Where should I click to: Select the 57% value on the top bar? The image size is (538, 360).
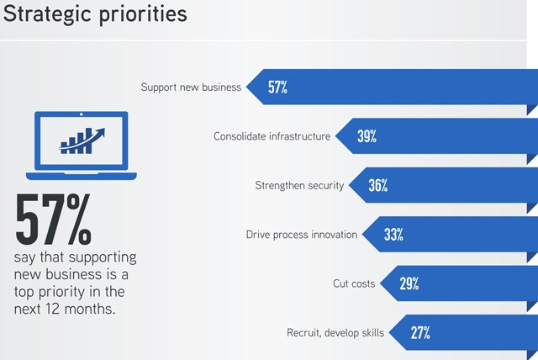(277, 87)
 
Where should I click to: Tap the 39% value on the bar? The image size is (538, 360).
(367, 136)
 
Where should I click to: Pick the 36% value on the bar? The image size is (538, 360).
(377, 185)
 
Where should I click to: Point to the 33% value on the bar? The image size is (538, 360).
(393, 235)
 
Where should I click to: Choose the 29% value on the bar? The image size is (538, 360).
(409, 283)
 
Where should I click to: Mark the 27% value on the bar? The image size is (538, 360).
(420, 332)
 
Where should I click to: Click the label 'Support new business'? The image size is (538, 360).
(191, 87)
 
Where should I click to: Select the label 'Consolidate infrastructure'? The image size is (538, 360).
(272, 136)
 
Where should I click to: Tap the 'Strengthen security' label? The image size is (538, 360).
(299, 185)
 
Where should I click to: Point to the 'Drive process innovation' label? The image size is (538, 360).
(302, 235)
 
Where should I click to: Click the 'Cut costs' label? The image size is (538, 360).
(354, 283)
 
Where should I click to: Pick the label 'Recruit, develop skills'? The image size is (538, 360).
(335, 333)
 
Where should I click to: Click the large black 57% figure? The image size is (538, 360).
(54, 220)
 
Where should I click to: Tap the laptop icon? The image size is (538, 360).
(81, 145)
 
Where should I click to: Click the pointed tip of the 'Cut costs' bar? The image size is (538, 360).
(382, 283)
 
